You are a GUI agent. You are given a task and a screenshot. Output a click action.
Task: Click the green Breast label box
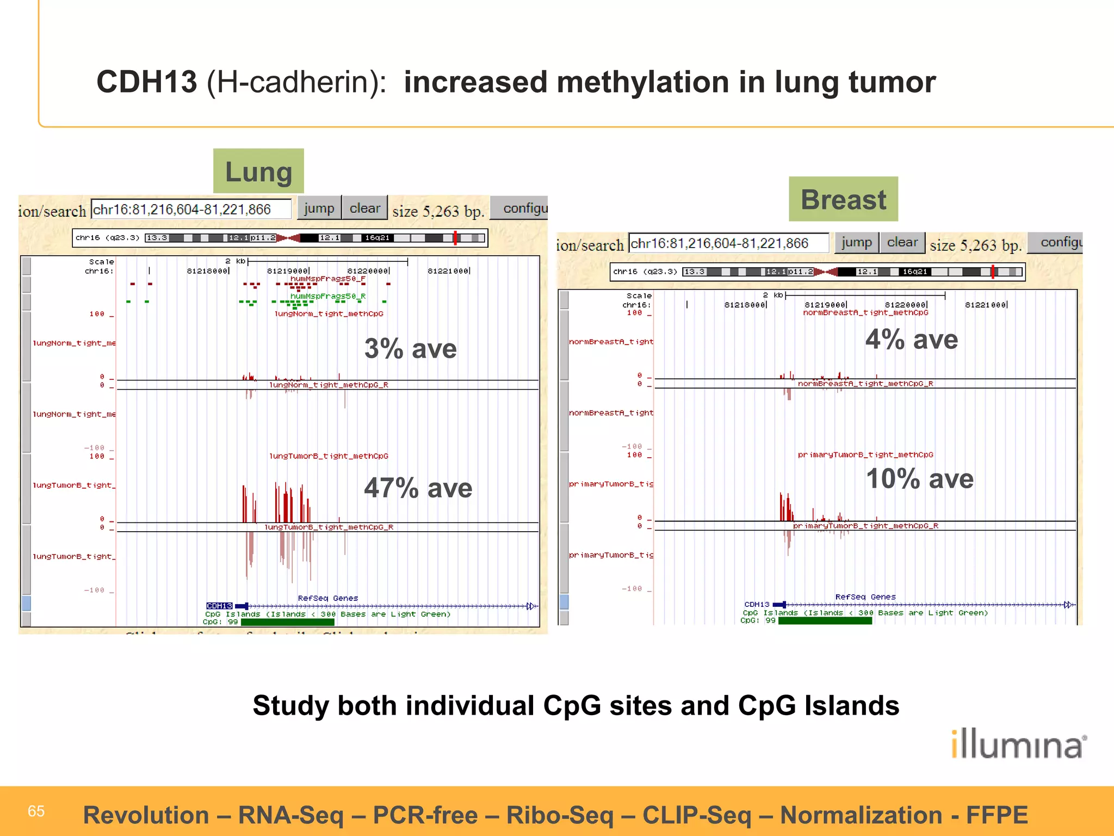point(843,199)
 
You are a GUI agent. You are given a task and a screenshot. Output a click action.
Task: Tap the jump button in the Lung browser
point(319,208)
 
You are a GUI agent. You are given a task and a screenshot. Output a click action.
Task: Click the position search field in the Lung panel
point(190,210)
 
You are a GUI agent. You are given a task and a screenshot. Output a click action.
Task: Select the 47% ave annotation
point(418,488)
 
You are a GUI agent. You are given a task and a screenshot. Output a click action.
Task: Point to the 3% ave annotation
point(410,348)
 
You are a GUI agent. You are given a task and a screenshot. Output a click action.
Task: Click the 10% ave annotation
point(919,479)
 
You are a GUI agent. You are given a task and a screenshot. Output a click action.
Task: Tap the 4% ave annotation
point(912,340)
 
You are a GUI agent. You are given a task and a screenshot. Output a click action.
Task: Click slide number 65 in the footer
point(36,812)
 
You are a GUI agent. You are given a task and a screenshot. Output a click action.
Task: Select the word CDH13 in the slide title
point(146,82)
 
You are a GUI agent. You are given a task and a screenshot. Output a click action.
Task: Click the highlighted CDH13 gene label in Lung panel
point(219,606)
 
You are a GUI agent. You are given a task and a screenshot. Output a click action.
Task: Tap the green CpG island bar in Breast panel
point(825,621)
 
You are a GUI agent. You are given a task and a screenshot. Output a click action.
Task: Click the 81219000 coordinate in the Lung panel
point(288,271)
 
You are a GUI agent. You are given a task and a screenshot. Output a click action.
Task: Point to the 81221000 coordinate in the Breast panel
point(986,305)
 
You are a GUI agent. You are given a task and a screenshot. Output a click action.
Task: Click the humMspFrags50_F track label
point(327,279)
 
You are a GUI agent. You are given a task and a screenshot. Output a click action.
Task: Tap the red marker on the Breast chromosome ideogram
point(993,272)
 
